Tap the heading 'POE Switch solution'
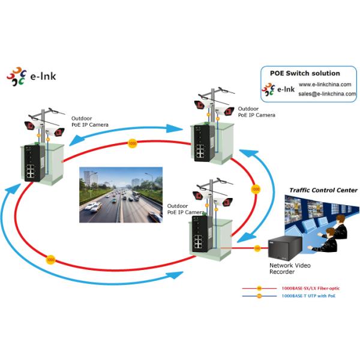pyautogui.click(x=304, y=73)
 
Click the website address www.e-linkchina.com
pyautogui.click(x=325, y=85)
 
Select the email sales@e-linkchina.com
pyautogui.click(x=327, y=94)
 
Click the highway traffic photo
pyautogui.click(x=121, y=194)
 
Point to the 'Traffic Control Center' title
pyautogui.click(x=323, y=190)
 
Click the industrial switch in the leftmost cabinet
pyautogui.click(x=31, y=163)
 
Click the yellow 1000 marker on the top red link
pyautogui.click(x=132, y=143)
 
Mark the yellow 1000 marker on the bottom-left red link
pyautogui.click(x=50, y=260)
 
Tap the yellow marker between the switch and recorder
pyautogui.click(x=257, y=248)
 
